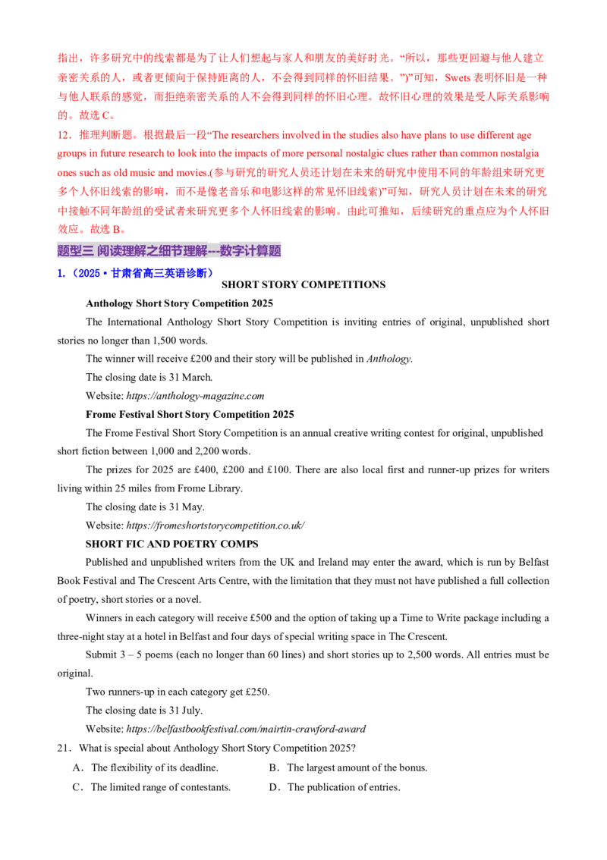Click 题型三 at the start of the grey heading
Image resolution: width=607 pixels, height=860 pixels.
[x=74, y=250]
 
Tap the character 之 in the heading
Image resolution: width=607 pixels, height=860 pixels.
[x=160, y=250]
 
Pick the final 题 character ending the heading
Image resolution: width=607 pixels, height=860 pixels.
[x=275, y=250]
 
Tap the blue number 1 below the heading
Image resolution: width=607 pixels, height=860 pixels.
[x=59, y=273]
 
